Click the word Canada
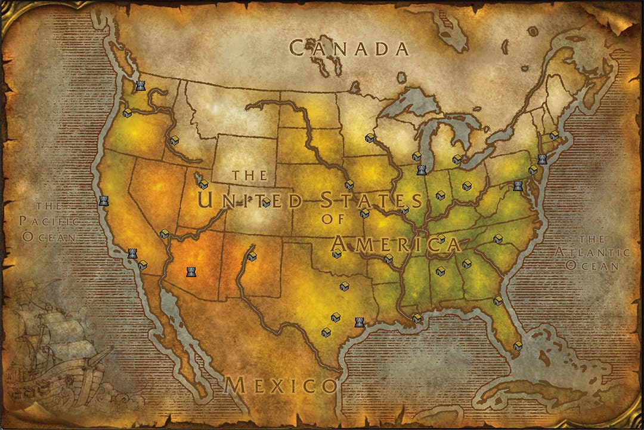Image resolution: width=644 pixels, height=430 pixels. click(x=349, y=48)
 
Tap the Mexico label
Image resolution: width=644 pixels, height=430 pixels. click(x=280, y=385)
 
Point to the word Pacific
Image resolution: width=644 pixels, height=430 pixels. click(x=49, y=221)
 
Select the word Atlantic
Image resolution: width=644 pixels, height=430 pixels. click(x=592, y=252)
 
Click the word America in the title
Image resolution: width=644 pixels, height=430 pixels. click(x=396, y=244)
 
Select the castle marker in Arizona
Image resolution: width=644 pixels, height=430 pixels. click(x=191, y=272)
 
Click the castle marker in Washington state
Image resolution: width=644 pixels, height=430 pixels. click(x=140, y=85)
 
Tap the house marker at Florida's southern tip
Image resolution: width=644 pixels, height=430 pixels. click(x=518, y=345)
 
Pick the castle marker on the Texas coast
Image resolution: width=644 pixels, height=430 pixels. click(x=360, y=322)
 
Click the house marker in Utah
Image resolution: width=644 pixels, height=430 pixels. click(x=203, y=185)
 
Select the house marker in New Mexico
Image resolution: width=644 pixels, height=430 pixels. click(x=252, y=256)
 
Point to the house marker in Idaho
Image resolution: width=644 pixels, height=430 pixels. click(x=175, y=140)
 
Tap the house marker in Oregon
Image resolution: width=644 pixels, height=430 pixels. click(x=127, y=112)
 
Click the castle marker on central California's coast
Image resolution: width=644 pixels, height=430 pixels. click(x=104, y=201)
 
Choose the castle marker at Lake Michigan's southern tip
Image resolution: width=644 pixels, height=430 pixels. click(x=422, y=170)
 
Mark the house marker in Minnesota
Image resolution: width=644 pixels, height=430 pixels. click(x=370, y=139)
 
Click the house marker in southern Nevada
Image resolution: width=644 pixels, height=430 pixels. click(x=165, y=234)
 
